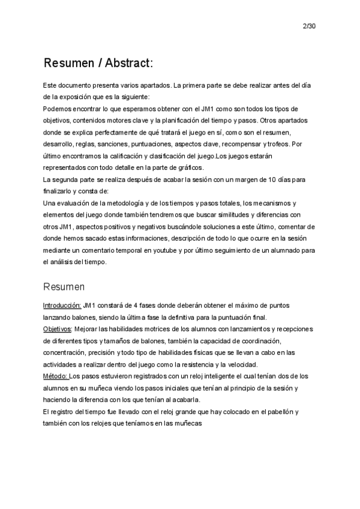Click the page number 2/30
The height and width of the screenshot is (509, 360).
pos(310,26)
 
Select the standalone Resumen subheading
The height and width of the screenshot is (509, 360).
pos(64,287)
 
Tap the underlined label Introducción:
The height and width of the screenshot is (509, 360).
pos(62,306)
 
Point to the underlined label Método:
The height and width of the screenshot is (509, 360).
pos(56,376)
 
